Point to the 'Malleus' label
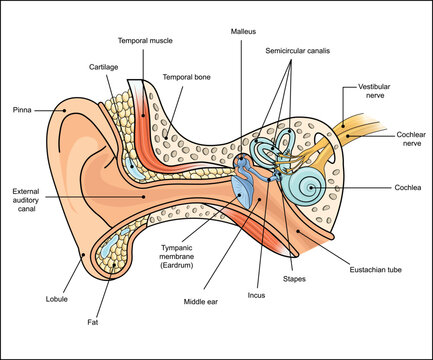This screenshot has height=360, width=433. click(242, 31)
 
